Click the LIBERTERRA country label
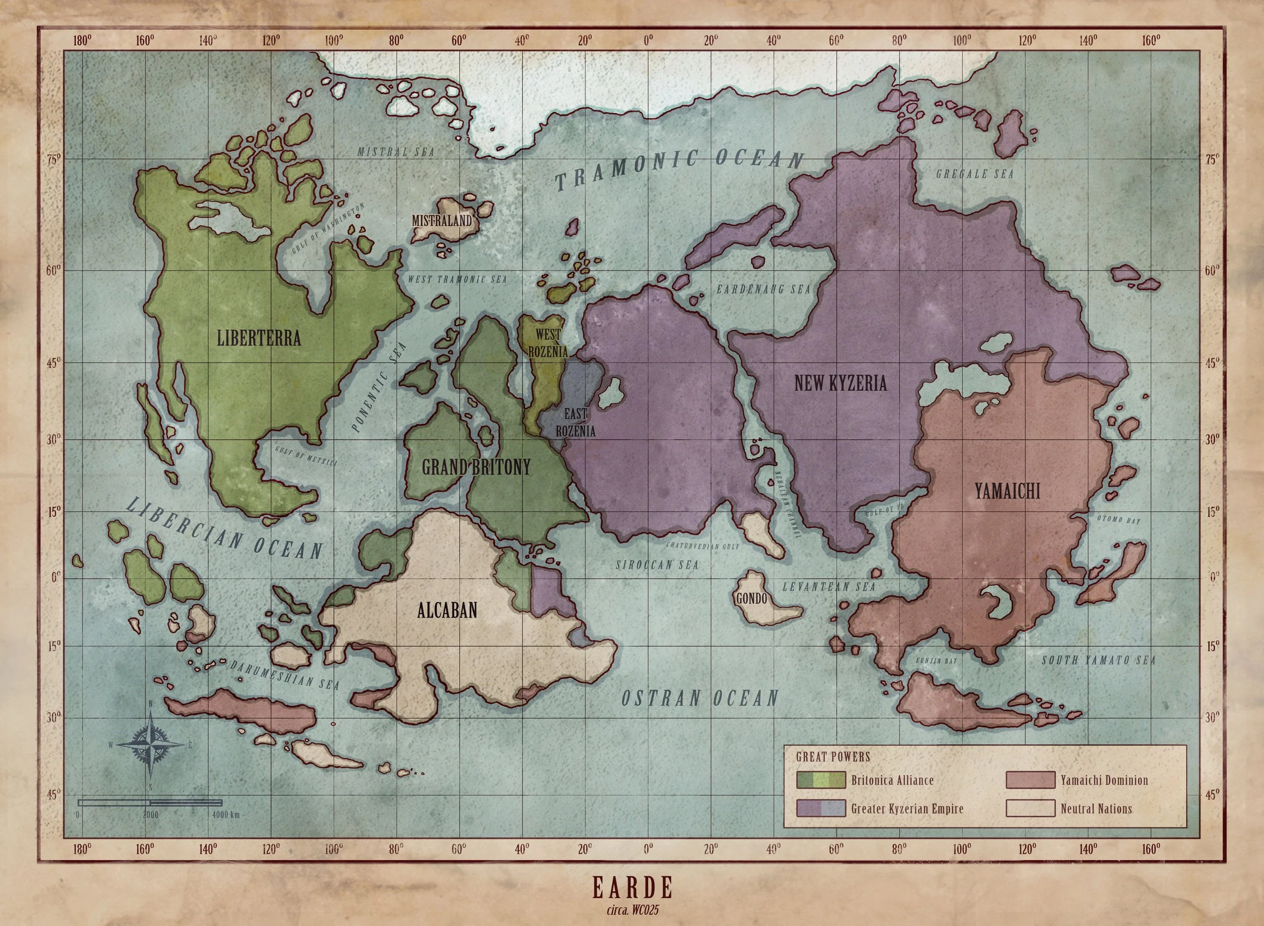(x=258, y=338)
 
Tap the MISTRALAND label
(x=442, y=221)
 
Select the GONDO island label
(x=751, y=599)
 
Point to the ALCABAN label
(x=447, y=610)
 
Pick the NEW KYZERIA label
(x=840, y=383)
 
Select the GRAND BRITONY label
(x=476, y=467)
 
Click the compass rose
(x=151, y=745)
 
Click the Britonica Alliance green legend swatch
(x=820, y=780)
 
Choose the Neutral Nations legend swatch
(x=1030, y=809)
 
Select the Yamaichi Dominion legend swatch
(x=1030, y=780)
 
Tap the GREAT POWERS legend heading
(x=833, y=757)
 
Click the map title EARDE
(x=632, y=889)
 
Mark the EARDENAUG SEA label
(x=763, y=290)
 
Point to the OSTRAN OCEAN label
(x=700, y=698)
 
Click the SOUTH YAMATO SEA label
(x=1098, y=660)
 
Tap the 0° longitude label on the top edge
(x=648, y=41)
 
